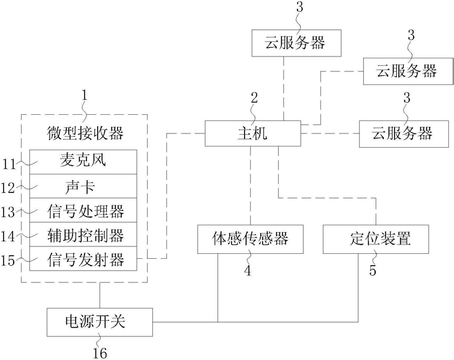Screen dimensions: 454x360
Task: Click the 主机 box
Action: [253, 133]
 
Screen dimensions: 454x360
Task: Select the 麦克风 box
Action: [83, 162]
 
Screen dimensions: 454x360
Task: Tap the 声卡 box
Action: [83, 186]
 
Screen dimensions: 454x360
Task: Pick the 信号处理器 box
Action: [83, 210]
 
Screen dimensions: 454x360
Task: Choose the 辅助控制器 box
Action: [83, 235]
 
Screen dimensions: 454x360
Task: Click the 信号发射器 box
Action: [83, 259]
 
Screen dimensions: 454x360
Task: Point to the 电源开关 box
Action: [99, 322]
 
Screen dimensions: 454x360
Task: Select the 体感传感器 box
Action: [250, 239]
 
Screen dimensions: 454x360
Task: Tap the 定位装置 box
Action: [376, 239]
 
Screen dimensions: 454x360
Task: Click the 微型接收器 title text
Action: [85, 133]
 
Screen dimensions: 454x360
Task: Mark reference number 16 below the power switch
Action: [100, 353]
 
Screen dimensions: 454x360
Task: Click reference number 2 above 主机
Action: [254, 98]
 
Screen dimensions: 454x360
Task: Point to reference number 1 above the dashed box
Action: [84, 95]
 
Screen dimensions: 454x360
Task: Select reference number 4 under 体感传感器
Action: [248, 270]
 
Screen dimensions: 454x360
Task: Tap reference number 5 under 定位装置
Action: [373, 270]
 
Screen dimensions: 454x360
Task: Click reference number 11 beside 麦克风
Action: [9, 164]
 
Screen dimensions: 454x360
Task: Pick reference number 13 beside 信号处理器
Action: [8, 212]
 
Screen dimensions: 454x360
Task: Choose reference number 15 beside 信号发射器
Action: [8, 261]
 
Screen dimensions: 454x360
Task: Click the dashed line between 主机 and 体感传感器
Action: [250, 186]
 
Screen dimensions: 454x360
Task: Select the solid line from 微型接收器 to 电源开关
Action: [100, 295]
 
